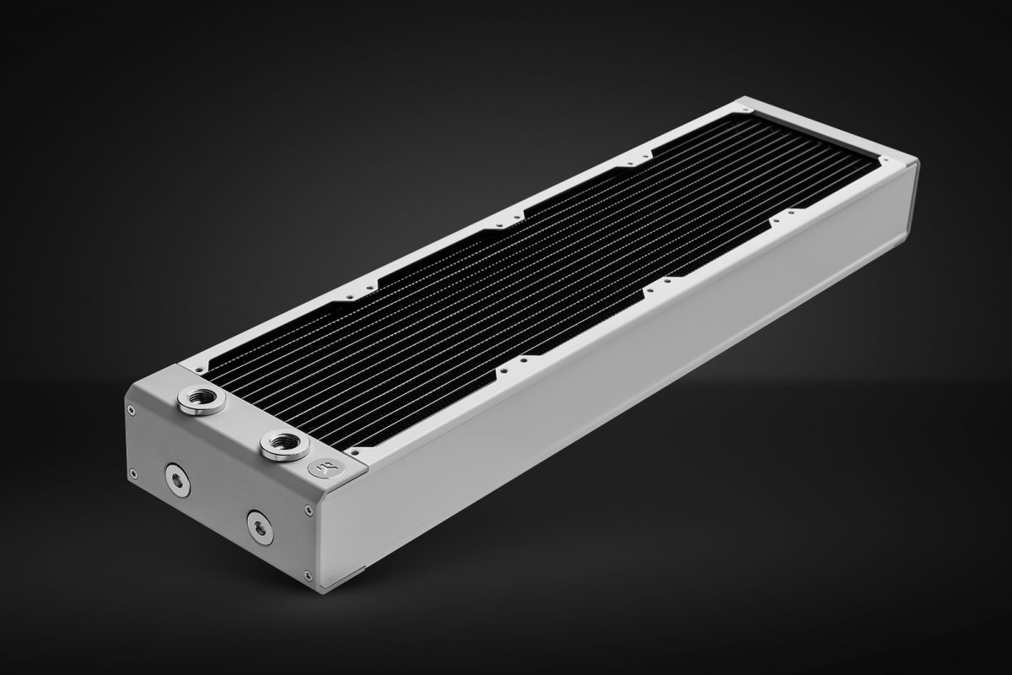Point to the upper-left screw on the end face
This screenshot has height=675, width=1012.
click(131, 411)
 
